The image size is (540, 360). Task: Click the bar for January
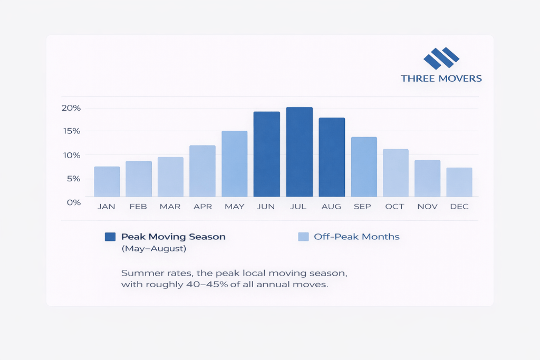(x=107, y=182)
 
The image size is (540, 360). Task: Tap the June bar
(x=267, y=154)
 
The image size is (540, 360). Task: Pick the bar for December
(x=459, y=182)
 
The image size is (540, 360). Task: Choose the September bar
(x=364, y=167)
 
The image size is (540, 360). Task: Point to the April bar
(x=202, y=171)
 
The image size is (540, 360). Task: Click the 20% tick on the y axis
(x=71, y=108)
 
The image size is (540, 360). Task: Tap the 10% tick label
(x=71, y=155)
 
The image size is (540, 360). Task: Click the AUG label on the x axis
(x=331, y=207)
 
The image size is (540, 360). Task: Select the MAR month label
(x=170, y=207)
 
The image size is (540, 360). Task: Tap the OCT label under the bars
(x=394, y=207)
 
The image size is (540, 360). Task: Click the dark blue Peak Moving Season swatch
(x=110, y=237)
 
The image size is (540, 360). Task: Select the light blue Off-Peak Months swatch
(x=303, y=237)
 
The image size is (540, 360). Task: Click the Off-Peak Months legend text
(x=356, y=237)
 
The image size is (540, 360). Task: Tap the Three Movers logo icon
(x=441, y=58)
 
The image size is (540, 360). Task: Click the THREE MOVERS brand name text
(x=441, y=79)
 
